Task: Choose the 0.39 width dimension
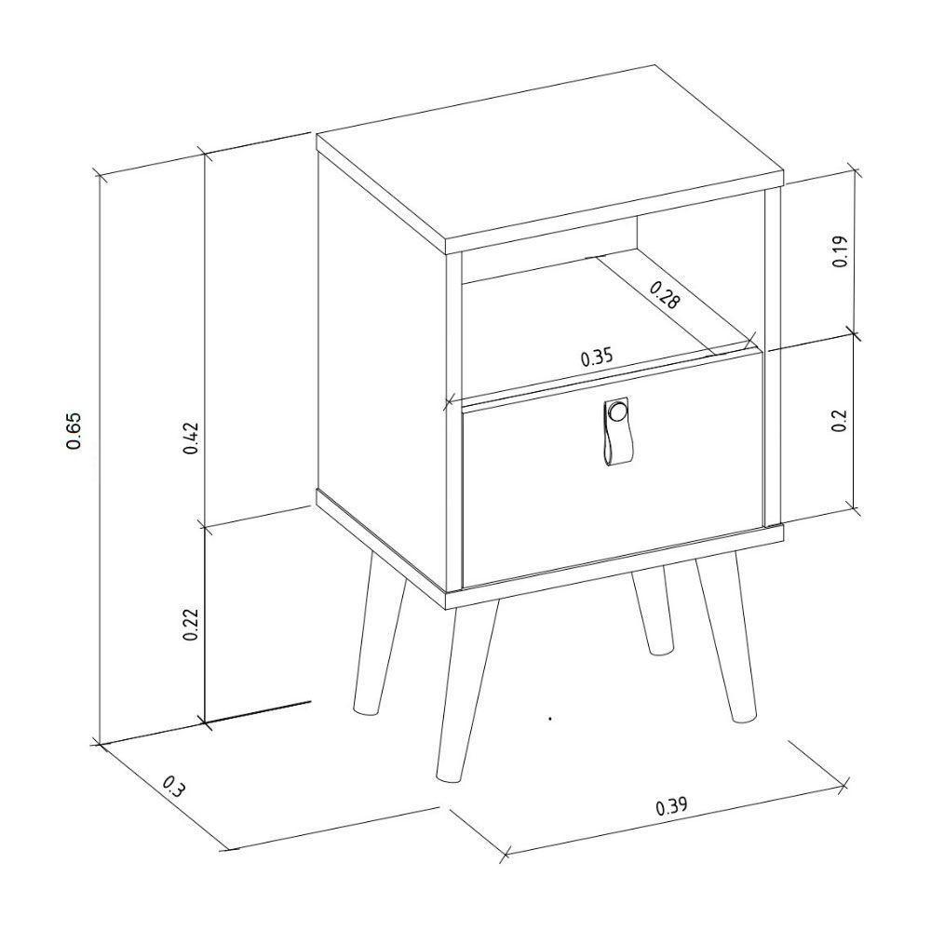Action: coord(671,806)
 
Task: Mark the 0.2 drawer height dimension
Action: coord(839,421)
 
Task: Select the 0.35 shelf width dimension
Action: coord(597,357)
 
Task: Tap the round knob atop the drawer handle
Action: coord(616,411)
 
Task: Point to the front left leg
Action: coord(465,689)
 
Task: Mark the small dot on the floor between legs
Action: coord(551,719)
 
